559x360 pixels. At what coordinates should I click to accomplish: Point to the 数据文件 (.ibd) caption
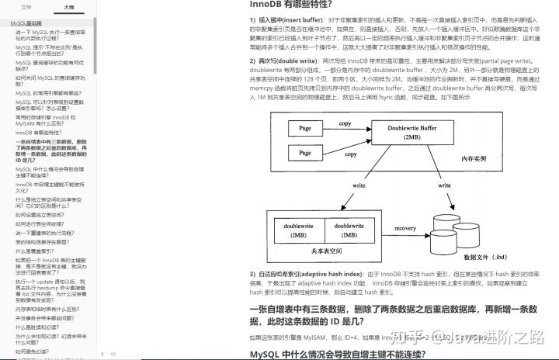coord(484,257)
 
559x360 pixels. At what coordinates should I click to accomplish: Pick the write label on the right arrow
coord(446,186)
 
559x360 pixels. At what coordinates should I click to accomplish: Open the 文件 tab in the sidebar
coord(26,7)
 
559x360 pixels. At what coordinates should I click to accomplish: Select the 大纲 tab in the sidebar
coord(70,7)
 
